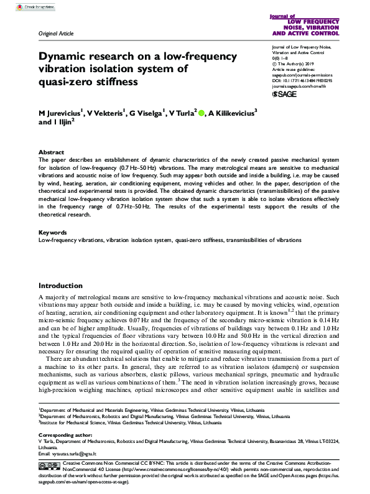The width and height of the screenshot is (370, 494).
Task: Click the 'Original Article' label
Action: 56,33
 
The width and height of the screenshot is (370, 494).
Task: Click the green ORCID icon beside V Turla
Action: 201,113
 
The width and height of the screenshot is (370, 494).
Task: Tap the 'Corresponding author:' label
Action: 63,434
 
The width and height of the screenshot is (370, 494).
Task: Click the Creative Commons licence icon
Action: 50,465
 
